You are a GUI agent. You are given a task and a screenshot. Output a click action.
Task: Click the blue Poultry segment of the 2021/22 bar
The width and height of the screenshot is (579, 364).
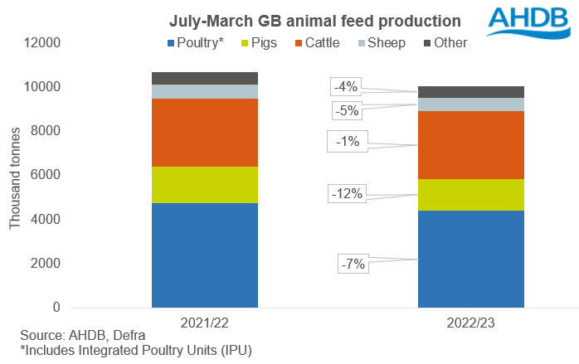pyautogui.click(x=205, y=255)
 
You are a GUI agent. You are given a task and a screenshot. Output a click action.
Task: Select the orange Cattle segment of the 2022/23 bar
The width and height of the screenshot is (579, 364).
pyautogui.click(x=470, y=145)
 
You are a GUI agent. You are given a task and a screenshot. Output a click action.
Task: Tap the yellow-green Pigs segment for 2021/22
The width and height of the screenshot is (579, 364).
pyautogui.click(x=205, y=185)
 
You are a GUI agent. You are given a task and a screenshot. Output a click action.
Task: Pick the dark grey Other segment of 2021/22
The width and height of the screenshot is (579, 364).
pyautogui.click(x=205, y=78)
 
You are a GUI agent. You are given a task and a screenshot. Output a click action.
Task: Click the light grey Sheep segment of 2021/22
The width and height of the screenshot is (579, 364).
pyautogui.click(x=205, y=91)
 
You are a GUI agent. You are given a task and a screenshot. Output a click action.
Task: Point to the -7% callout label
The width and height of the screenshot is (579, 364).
pyautogui.click(x=352, y=265)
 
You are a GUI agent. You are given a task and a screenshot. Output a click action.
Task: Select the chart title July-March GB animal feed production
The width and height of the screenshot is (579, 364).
pyautogui.click(x=304, y=19)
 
